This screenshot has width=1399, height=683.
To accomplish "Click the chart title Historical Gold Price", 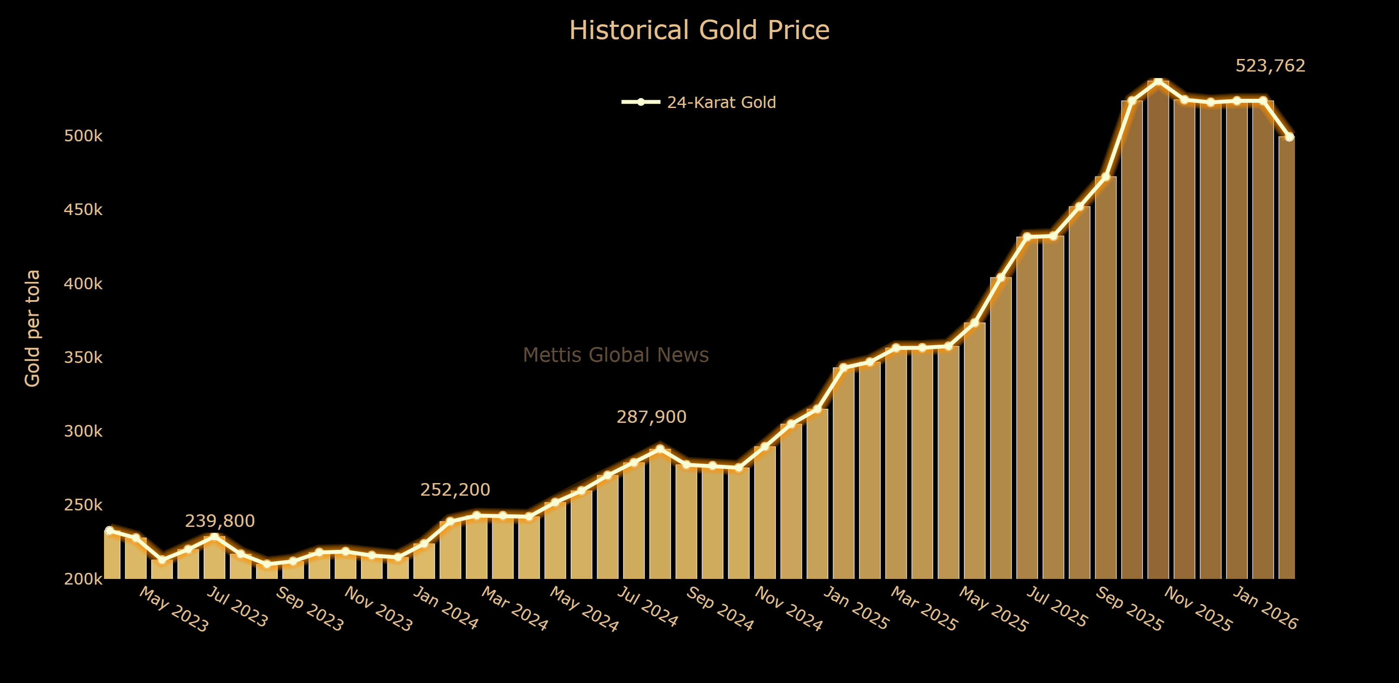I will pyautogui.click(x=699, y=30).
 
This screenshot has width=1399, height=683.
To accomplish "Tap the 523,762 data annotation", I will pyautogui.click(x=1270, y=66).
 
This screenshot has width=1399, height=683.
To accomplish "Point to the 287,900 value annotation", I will pyautogui.click(x=651, y=417).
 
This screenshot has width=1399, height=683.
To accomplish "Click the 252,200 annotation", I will pyautogui.click(x=455, y=490).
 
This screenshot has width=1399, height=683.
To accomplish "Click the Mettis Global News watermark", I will pyautogui.click(x=615, y=355).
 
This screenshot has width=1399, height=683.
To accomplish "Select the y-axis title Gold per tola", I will pyautogui.click(x=33, y=328).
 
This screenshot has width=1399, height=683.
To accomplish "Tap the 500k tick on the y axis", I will pyautogui.click(x=83, y=136).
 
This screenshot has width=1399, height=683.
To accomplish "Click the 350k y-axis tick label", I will pyautogui.click(x=83, y=357).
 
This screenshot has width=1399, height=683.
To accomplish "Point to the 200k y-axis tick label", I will pyautogui.click(x=83, y=579).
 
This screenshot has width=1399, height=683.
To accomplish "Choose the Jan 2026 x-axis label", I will pyautogui.click(x=1265, y=608).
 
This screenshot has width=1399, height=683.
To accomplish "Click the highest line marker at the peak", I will pyautogui.click(x=1158, y=82).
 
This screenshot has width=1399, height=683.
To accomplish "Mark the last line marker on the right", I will pyautogui.click(x=1289, y=137).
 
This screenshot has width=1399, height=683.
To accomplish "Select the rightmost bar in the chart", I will pyautogui.click(x=1287, y=359).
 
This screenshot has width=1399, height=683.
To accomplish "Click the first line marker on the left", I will pyautogui.click(x=109, y=530).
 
